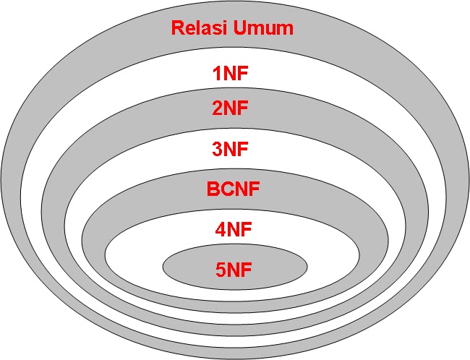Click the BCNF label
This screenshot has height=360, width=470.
pos(234,189)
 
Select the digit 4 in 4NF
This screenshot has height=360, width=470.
pos(218,231)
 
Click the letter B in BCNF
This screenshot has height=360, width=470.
pos(213,189)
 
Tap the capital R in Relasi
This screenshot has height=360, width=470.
pos(178,29)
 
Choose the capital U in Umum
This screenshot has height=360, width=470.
pos(244,29)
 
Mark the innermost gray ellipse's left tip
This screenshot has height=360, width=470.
pos(163,266)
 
